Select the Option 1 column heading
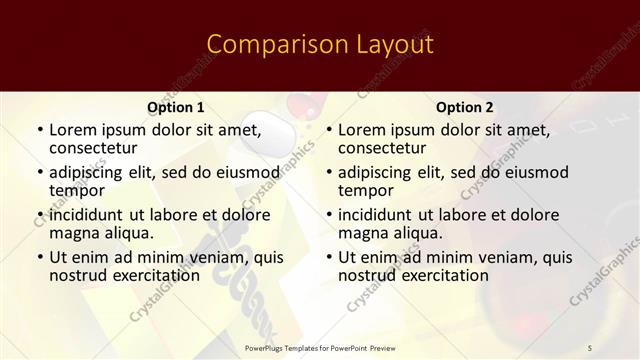click(176, 107)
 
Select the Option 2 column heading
click(465, 107)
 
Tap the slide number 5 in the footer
click(590, 347)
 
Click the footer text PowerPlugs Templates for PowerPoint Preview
click(319, 347)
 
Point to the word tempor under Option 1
click(77, 191)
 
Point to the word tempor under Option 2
click(366, 191)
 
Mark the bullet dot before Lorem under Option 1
click(39, 130)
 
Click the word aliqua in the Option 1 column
click(128, 233)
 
